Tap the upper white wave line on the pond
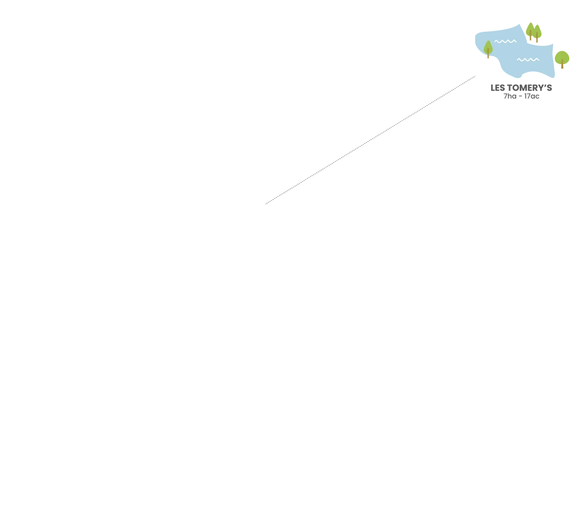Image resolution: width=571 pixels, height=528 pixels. (x=505, y=41)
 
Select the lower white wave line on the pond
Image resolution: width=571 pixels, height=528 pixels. (x=528, y=60)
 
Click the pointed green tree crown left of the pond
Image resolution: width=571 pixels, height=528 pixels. (x=488, y=47)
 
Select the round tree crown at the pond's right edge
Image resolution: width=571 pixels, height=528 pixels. (x=562, y=57)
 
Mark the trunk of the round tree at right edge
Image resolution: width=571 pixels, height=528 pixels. (x=562, y=66)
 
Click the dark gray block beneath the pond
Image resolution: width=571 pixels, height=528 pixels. (x=521, y=87)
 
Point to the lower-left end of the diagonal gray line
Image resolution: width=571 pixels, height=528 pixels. (x=266, y=203)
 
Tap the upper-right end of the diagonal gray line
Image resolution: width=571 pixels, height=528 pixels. (x=475, y=77)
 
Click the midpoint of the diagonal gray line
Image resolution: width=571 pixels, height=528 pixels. (x=370, y=140)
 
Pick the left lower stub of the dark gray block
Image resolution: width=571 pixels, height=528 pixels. (x=511, y=99)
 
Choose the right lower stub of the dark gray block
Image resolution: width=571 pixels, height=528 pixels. (x=531, y=99)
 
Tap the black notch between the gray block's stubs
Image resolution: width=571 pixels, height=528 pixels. (x=521, y=99)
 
